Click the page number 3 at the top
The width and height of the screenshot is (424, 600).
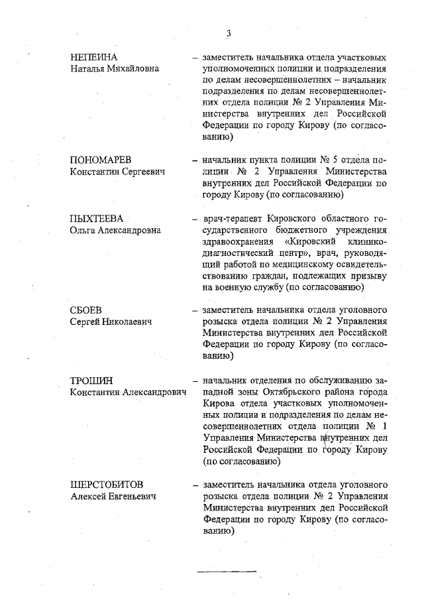[228, 34]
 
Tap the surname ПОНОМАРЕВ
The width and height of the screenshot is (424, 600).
[100, 160]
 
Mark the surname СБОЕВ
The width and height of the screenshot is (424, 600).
[86, 310]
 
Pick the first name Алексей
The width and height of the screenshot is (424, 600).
[88, 496]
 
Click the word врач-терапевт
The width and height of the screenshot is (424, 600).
[232, 219]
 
